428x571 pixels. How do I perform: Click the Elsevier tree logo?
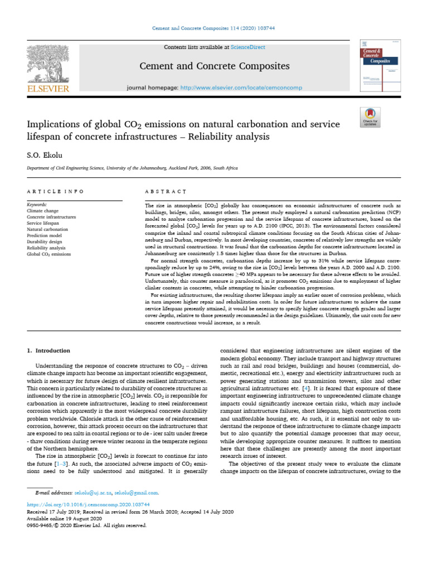pos(47,63)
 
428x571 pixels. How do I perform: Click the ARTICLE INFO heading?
pos(55,191)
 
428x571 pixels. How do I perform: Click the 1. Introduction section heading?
pos(49,351)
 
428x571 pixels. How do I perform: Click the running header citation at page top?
pos(214,28)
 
